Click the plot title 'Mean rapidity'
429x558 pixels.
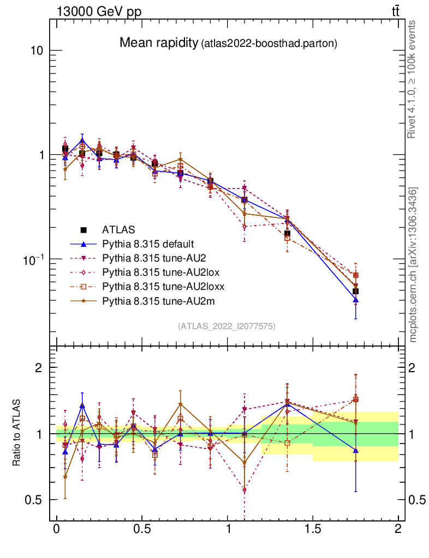coord(159,43)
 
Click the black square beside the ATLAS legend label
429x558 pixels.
coord(84,229)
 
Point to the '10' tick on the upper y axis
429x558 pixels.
coord(36,51)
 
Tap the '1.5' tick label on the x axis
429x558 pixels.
coord(313,529)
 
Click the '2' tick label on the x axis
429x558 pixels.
coord(398,529)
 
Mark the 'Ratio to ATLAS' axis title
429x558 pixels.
coord(17,433)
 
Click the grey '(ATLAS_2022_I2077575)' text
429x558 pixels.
coord(227,326)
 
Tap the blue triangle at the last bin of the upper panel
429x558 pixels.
coord(355,300)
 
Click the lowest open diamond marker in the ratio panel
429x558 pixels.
coord(244,490)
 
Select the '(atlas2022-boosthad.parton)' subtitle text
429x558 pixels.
coord(269,44)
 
